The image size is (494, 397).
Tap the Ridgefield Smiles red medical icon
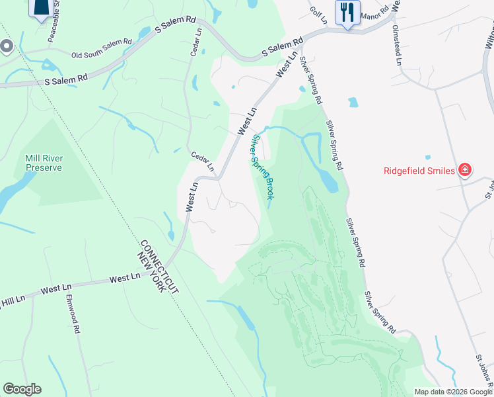point(464,170)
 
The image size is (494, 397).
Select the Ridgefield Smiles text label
point(419,171)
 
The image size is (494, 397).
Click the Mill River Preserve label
point(44,163)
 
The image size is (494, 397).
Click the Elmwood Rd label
point(72,315)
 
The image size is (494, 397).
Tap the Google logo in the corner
point(22,389)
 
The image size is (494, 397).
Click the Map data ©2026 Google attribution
point(452,392)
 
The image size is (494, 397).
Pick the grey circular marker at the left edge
point(7,46)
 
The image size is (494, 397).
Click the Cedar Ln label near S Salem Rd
point(195,42)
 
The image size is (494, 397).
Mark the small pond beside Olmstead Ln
point(353,103)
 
